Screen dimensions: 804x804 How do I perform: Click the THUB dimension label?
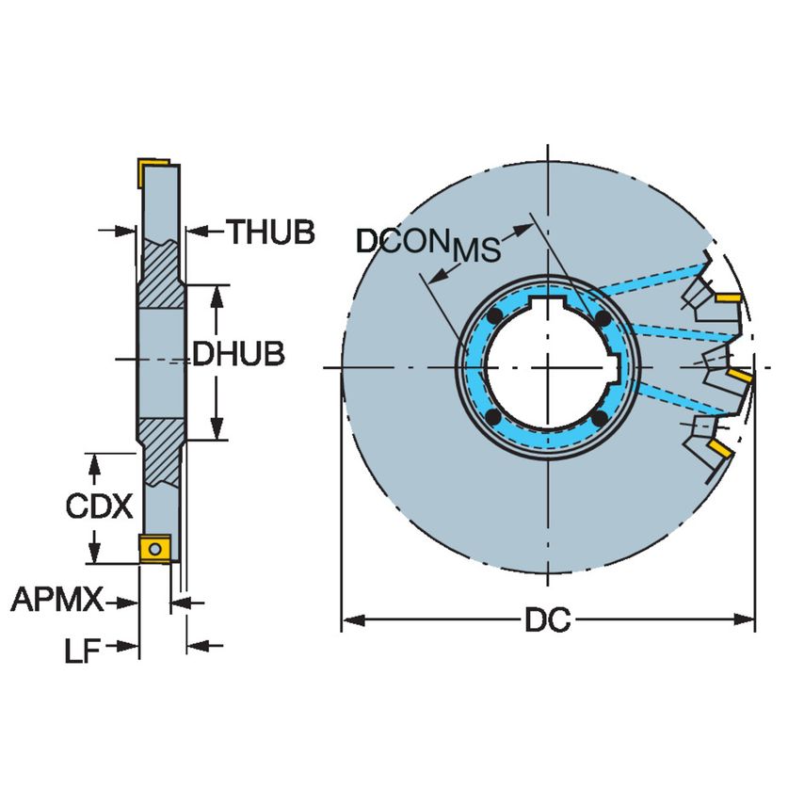[x=269, y=232]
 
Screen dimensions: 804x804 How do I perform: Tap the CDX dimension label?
[x=99, y=507]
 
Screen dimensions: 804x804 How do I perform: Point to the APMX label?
[x=56, y=600]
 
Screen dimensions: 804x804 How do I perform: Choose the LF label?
[x=82, y=650]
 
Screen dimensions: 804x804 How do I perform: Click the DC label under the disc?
[x=548, y=621]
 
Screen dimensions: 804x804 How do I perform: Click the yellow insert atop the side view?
[x=152, y=171]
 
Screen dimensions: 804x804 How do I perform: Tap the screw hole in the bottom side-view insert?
[x=155, y=548]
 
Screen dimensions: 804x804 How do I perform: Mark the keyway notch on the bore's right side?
[x=617, y=368]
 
